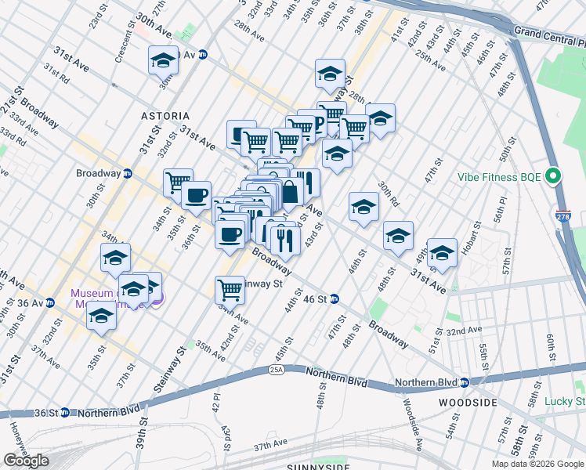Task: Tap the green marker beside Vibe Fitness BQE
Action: coord(555,176)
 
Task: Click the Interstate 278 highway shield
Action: coord(562,214)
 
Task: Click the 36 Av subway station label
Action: coord(31,303)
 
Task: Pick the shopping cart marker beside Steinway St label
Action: coord(230,290)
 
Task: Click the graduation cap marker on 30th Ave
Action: coord(164,60)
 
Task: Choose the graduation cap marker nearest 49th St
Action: coord(442,252)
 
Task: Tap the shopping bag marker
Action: coord(290,192)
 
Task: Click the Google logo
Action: coord(26,461)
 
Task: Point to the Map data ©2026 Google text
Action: coord(537,464)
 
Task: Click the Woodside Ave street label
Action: coord(412,422)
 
